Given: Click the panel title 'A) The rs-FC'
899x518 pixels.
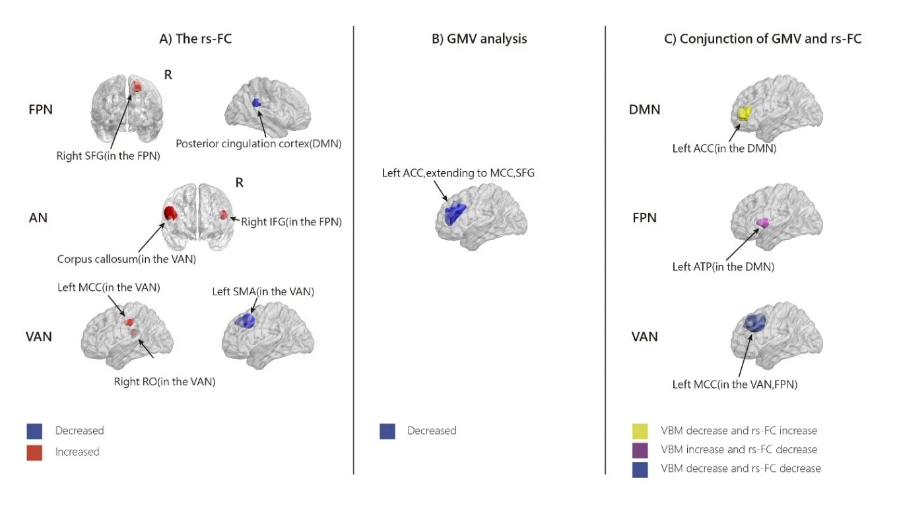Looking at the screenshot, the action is pyautogui.click(x=195, y=38).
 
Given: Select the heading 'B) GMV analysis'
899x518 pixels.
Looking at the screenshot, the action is pyautogui.click(x=479, y=38).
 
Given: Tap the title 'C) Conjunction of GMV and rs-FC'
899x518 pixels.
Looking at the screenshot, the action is pyautogui.click(x=762, y=38).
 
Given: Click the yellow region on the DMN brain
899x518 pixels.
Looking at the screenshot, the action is pyautogui.click(x=745, y=114).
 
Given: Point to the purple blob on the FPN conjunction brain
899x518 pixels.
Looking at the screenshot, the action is pyautogui.click(x=762, y=223).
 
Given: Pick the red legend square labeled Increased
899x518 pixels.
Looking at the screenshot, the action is pyautogui.click(x=34, y=453).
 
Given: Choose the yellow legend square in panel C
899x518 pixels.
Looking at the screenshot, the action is pyautogui.click(x=640, y=431).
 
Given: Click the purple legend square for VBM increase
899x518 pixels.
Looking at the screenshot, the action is pyautogui.click(x=640, y=450).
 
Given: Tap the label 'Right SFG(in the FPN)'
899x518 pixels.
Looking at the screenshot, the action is pyautogui.click(x=108, y=156).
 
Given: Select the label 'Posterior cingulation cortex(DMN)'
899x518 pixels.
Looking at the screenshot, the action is pyautogui.click(x=259, y=144).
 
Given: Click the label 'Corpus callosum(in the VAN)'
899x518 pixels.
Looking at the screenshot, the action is pyautogui.click(x=127, y=259).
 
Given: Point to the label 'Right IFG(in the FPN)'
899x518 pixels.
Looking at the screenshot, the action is pyautogui.click(x=291, y=222).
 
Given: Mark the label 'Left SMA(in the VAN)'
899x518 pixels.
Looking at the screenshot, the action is pyautogui.click(x=263, y=291).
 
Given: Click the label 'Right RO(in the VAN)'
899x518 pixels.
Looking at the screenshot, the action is pyautogui.click(x=164, y=381).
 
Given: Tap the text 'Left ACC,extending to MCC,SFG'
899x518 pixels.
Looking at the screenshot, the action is pyautogui.click(x=458, y=173).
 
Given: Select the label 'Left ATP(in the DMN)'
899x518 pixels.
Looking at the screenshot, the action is pyautogui.click(x=723, y=267).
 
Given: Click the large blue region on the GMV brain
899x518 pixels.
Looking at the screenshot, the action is pyautogui.click(x=455, y=213).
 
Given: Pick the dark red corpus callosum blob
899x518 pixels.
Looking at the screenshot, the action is pyautogui.click(x=170, y=213).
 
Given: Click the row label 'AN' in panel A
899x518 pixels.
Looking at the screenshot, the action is pyautogui.click(x=38, y=218).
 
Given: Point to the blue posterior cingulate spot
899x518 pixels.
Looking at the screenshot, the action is pyautogui.click(x=257, y=103).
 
